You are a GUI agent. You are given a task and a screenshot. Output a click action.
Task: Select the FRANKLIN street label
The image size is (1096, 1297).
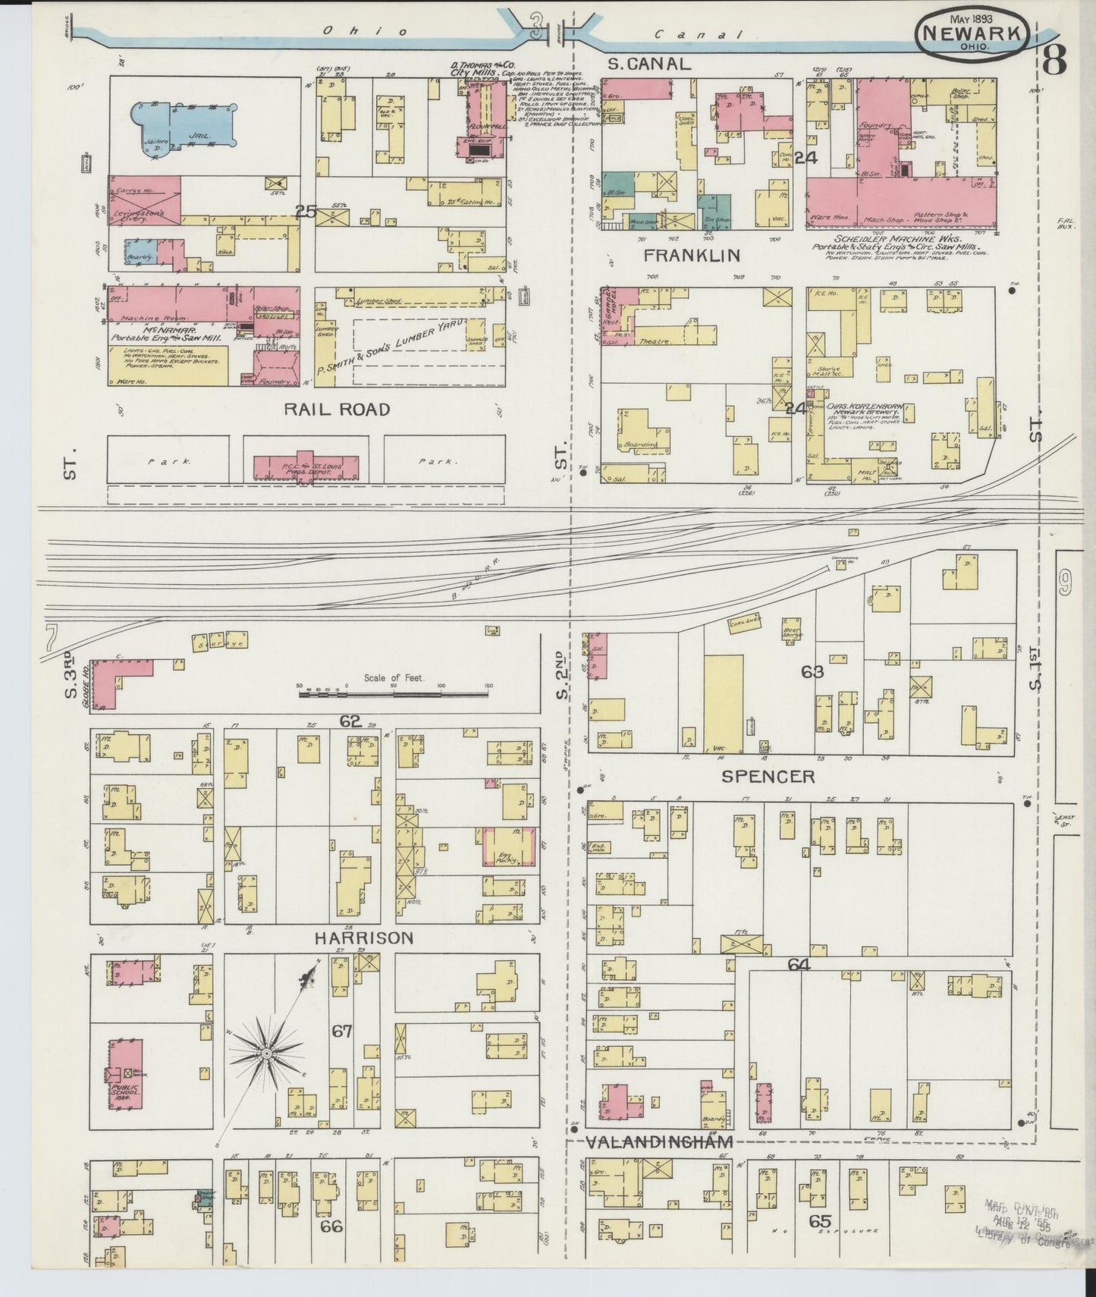pos(691,255)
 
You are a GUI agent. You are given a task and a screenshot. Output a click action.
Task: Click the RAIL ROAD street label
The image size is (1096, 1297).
pos(337,410)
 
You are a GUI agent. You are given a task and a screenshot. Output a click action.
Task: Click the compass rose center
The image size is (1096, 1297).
pos(267,1054)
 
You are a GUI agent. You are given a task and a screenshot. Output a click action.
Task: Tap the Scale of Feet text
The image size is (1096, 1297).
pos(394,678)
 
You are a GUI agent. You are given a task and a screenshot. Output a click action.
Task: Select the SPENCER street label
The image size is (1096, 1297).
pos(768,776)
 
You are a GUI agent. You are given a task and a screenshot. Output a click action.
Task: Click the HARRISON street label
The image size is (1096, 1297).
pos(364,938)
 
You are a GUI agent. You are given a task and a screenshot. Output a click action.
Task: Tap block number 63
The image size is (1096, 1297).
pos(812,671)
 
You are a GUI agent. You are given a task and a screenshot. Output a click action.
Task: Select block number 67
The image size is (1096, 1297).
pos(342,1031)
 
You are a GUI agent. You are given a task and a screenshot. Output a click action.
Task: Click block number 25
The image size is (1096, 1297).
pos(306,212)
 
